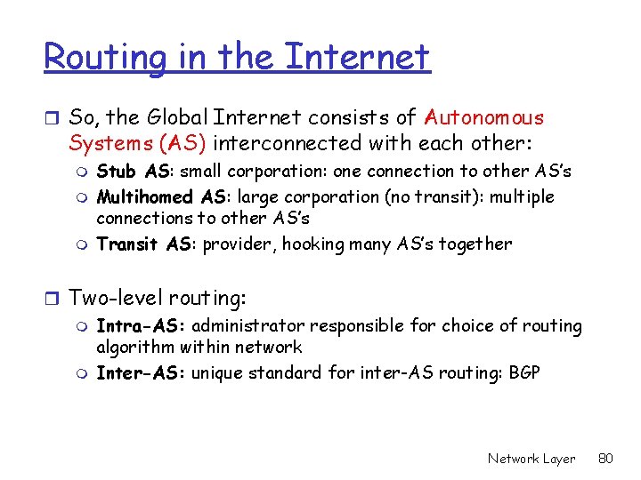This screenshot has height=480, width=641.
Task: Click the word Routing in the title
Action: pos(105,58)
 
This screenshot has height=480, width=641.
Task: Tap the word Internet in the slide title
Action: pos(357,58)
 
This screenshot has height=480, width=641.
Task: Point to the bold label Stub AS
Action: pos(133,171)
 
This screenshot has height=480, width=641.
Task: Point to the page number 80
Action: pos(606,459)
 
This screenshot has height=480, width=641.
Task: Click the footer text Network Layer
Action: pos(531,459)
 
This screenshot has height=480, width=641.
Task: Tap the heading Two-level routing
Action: pos(158,296)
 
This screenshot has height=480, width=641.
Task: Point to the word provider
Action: pos(239,244)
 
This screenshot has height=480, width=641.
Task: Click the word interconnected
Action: pos(287,143)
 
